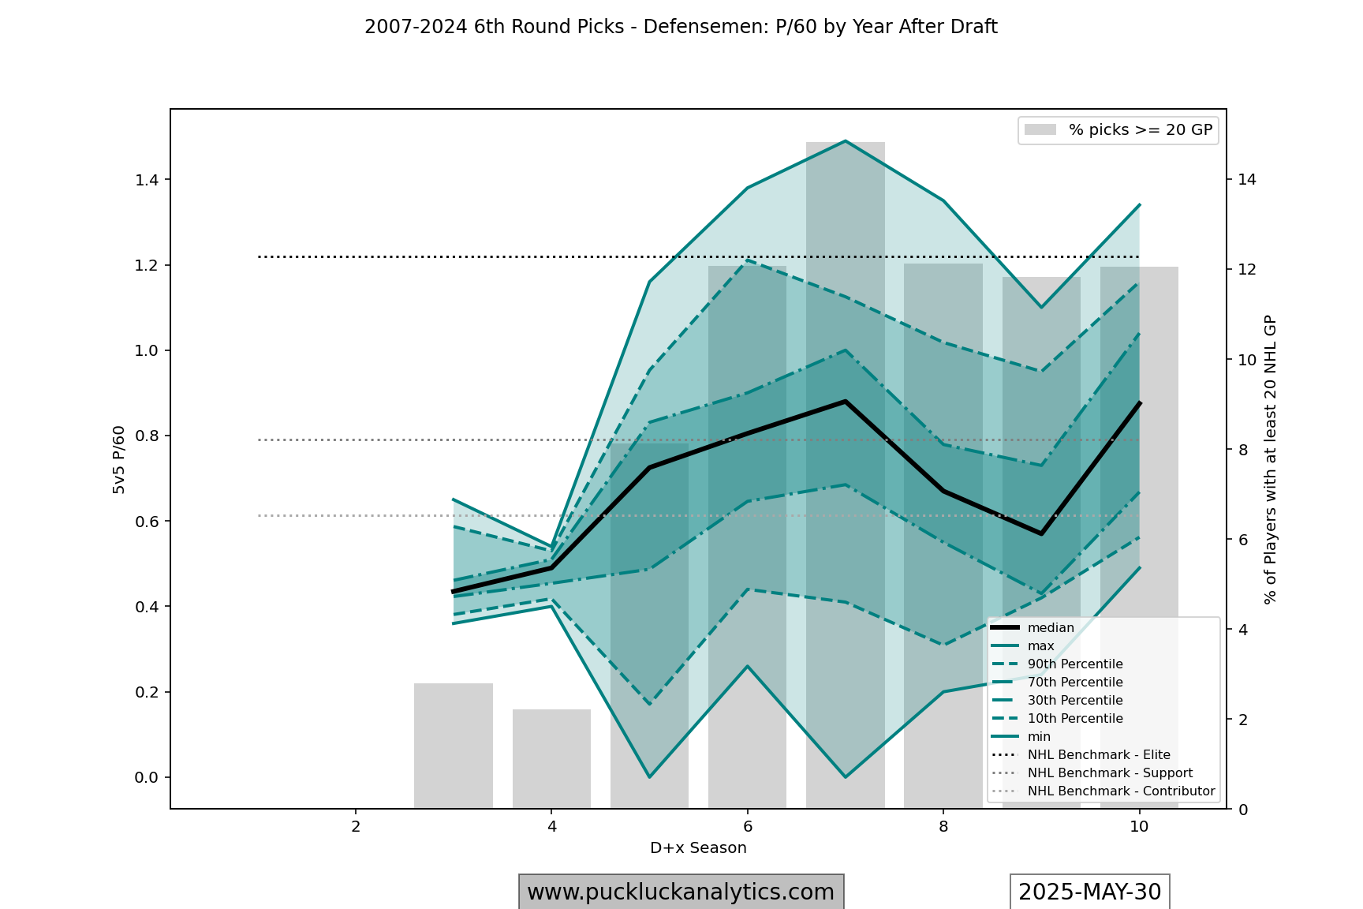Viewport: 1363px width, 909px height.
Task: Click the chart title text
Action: pos(681,27)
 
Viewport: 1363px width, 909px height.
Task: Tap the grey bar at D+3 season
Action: pos(454,745)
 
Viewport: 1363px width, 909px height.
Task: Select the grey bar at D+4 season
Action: pos(551,758)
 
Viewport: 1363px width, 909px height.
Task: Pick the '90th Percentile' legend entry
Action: pos(1074,664)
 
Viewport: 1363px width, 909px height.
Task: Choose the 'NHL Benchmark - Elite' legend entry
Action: pos(1098,755)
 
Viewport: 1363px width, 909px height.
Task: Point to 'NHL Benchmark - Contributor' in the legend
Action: pos(1120,791)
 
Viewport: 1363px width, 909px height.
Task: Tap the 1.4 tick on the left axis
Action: pos(147,180)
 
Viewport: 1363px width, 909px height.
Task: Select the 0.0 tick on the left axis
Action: pos(147,777)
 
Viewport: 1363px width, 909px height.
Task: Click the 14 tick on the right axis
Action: pos(1247,180)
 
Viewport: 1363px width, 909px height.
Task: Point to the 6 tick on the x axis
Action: pos(747,827)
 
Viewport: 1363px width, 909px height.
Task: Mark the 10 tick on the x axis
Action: pos(1139,827)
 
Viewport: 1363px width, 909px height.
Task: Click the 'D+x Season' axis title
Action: pos(698,848)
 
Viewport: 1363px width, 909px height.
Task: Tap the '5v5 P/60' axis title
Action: pos(119,459)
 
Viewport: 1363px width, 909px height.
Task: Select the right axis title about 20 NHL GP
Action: pos(1270,459)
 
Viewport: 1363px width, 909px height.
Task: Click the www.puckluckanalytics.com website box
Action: pos(681,892)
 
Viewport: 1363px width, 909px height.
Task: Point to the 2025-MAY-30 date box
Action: pos(1089,892)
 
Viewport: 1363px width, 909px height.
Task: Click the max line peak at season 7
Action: pos(846,141)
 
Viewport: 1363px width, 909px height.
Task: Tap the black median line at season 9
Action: pos(1041,534)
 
